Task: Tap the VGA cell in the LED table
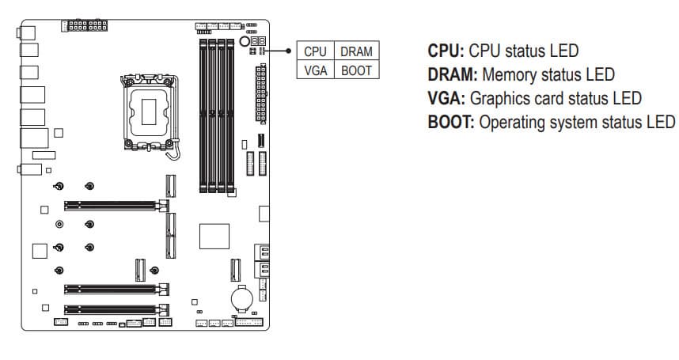coord(315,70)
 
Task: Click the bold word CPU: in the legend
coord(446,51)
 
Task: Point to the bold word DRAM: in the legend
coord(452,75)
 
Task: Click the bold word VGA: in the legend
coord(446,99)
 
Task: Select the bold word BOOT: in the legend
coord(451,123)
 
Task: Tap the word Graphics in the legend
coord(499,99)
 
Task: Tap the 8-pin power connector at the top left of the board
coord(84,26)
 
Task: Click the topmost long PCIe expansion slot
coord(110,204)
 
